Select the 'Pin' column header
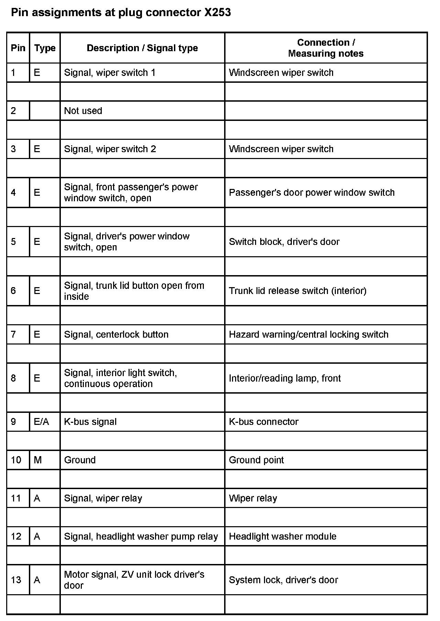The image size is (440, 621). [18, 48]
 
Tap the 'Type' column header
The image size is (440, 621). [45, 48]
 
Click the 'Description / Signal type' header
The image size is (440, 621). [142, 48]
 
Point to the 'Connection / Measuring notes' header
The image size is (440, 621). [326, 48]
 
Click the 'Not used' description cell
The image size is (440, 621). [83, 111]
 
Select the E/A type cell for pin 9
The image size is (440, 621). [41, 422]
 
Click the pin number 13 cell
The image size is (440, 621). [16, 580]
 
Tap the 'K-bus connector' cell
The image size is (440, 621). [264, 422]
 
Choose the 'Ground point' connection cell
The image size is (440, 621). [256, 460]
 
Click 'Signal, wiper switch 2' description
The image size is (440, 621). [110, 149]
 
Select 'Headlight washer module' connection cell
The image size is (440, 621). [283, 537]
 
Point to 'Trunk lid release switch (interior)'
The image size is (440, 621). [298, 291]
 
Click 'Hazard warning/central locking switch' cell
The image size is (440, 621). [309, 335]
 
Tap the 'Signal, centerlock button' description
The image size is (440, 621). [116, 335]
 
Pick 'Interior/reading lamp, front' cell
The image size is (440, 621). [285, 378]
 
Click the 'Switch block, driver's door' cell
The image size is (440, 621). [284, 242]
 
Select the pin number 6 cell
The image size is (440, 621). [13, 291]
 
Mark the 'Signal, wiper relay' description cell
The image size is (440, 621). [103, 498]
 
